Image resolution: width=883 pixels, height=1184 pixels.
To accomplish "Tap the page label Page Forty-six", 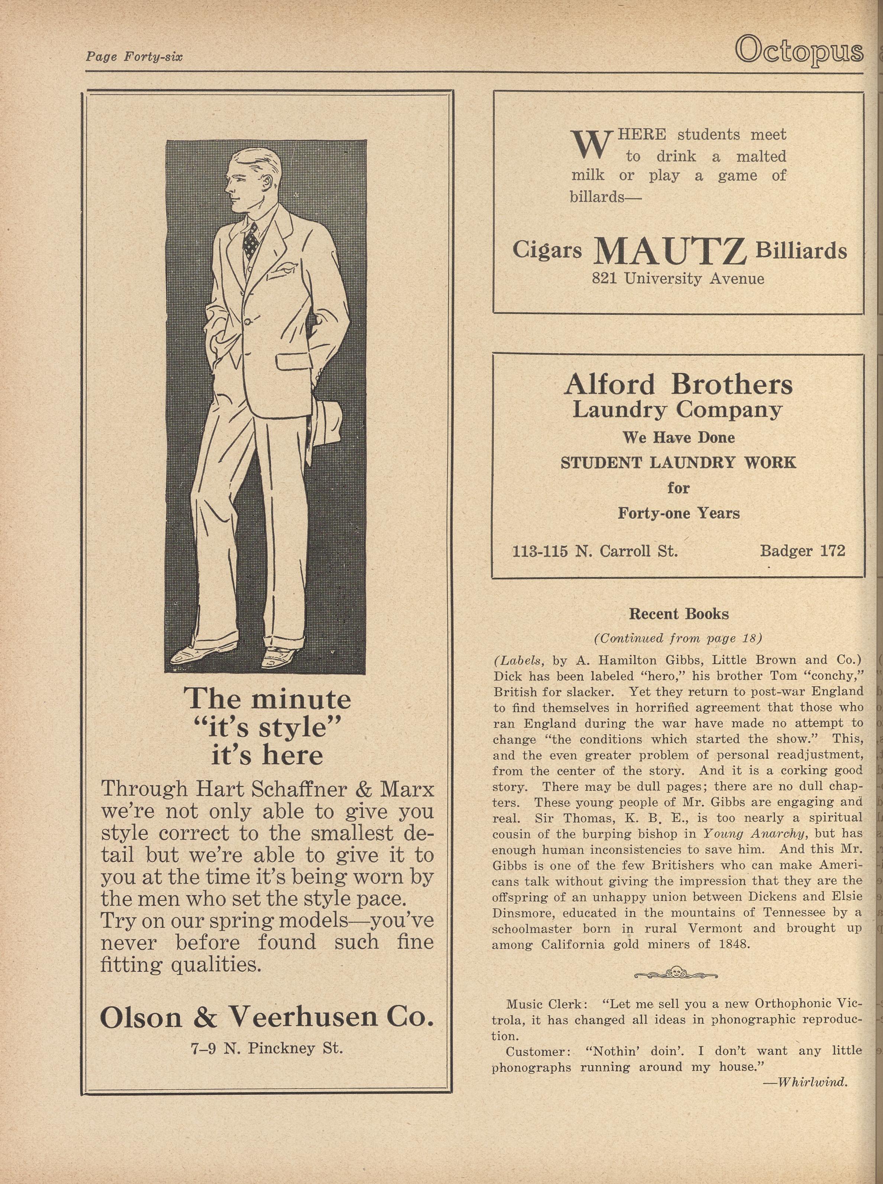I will pos(134,56).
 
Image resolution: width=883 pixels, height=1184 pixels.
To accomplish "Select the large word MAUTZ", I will pos(670,251).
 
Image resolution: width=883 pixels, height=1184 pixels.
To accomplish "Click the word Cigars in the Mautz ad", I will pos(547,250).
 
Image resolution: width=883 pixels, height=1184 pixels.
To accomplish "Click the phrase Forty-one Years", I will pos(678,513).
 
